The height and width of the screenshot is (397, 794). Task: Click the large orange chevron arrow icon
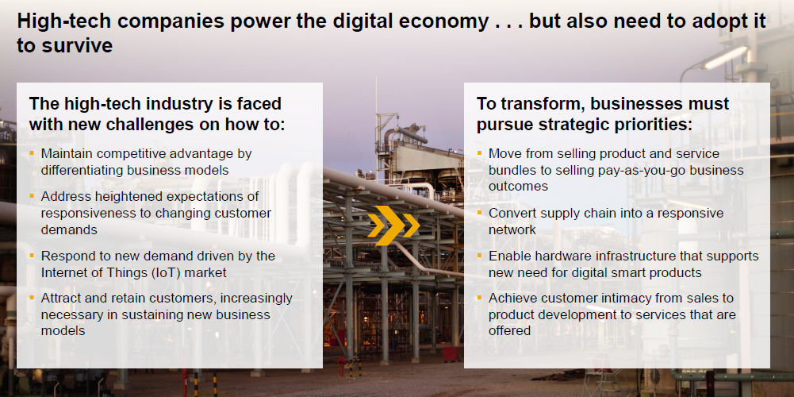click(x=393, y=225)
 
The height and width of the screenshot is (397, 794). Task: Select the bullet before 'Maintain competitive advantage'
click(x=32, y=152)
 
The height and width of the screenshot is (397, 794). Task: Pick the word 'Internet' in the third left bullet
click(x=62, y=272)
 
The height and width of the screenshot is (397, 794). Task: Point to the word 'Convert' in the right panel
click(x=508, y=213)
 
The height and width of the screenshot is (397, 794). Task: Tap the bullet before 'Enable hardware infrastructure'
click(x=480, y=256)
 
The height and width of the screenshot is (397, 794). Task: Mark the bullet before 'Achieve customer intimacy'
click(x=480, y=298)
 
